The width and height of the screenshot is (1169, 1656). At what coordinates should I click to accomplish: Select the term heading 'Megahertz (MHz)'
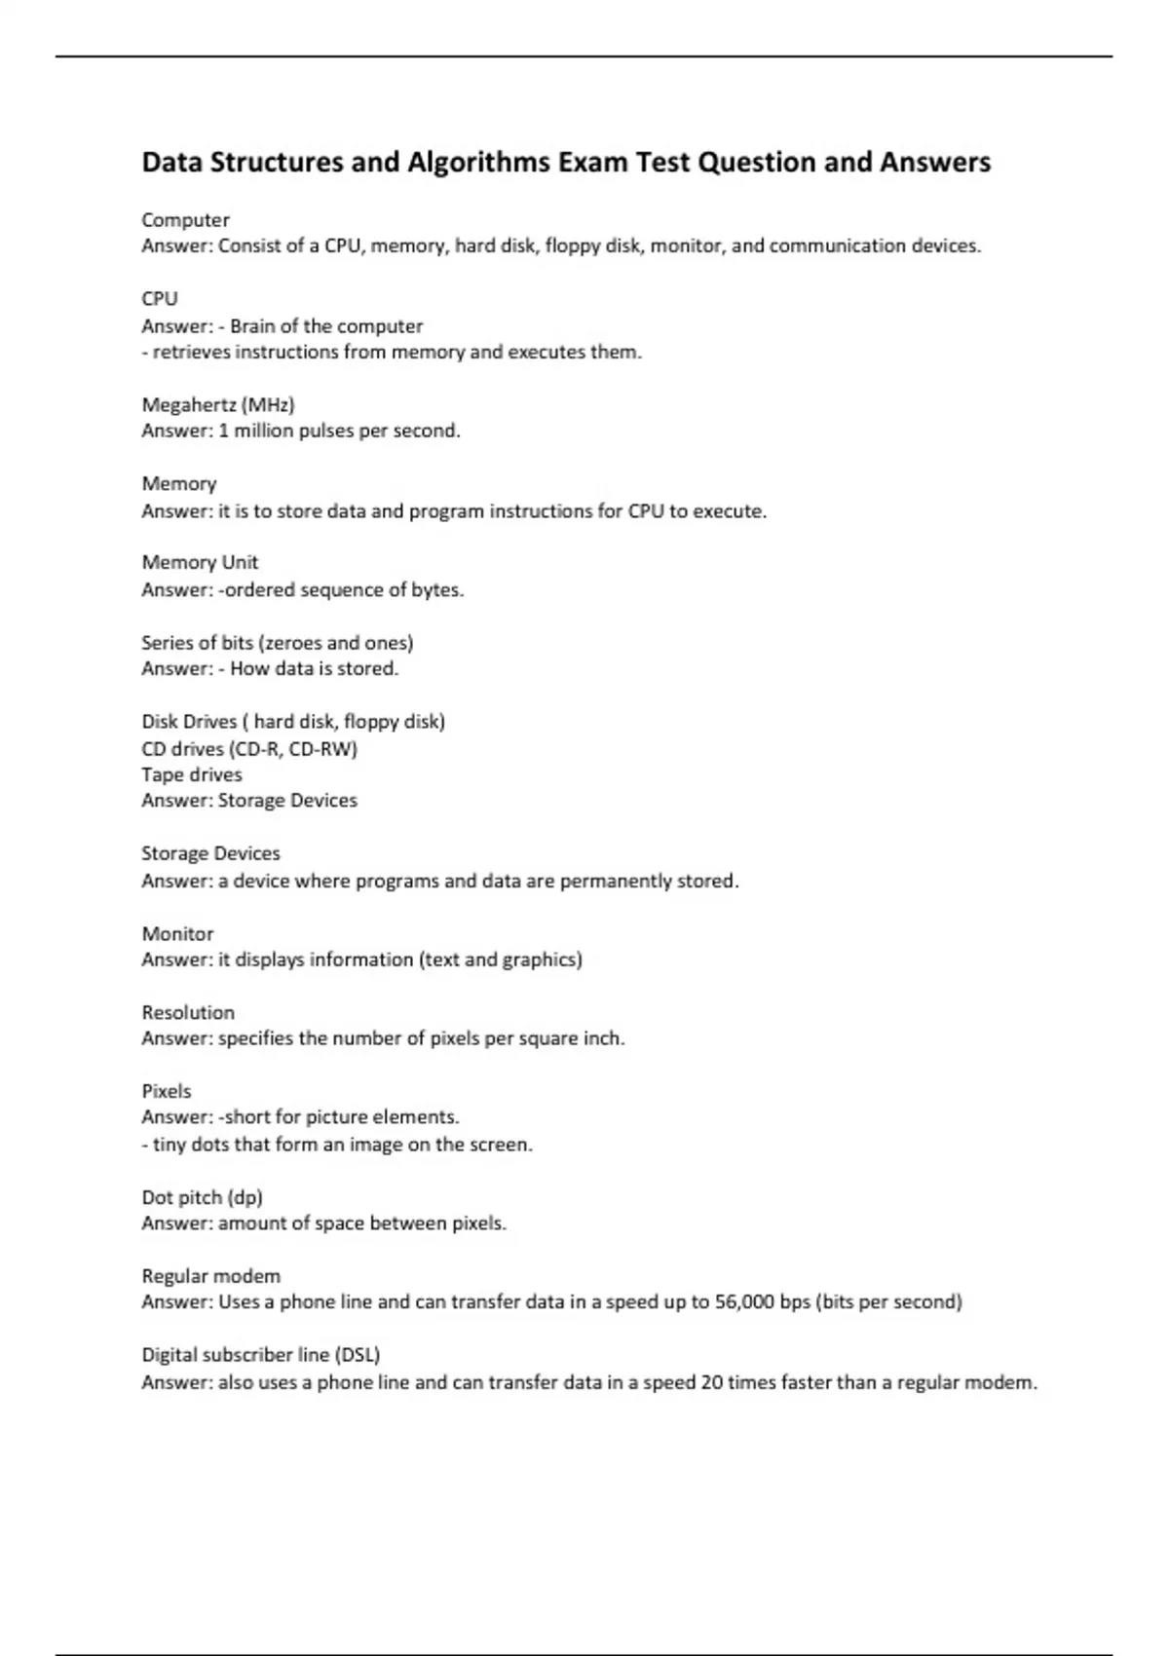click(x=218, y=404)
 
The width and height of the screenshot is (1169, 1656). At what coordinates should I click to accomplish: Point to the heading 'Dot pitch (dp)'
click(x=202, y=1197)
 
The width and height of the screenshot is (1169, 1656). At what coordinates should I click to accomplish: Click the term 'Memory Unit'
click(x=200, y=562)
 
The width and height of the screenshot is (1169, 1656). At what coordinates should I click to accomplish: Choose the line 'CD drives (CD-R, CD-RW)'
click(x=249, y=749)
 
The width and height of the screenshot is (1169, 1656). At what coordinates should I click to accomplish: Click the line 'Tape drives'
click(x=192, y=774)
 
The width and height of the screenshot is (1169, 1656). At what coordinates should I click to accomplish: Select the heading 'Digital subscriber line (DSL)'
click(x=261, y=1354)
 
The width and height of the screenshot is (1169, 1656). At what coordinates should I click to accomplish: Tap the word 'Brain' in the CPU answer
click(x=252, y=326)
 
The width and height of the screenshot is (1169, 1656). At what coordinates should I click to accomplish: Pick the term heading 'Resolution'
click(x=188, y=1012)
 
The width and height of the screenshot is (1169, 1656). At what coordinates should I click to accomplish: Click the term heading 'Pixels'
click(x=167, y=1091)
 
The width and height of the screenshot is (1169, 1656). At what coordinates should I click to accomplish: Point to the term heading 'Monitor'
click(x=177, y=933)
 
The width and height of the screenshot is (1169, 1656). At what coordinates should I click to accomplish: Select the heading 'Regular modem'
click(x=210, y=1276)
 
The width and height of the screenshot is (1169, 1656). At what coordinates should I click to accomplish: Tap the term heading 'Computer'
click(x=185, y=220)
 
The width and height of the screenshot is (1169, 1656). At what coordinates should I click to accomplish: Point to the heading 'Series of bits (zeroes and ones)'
click(x=278, y=643)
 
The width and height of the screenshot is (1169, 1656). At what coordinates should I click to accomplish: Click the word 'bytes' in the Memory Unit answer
click(x=435, y=589)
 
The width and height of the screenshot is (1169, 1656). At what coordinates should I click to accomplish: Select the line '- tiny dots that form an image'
click(x=337, y=1145)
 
